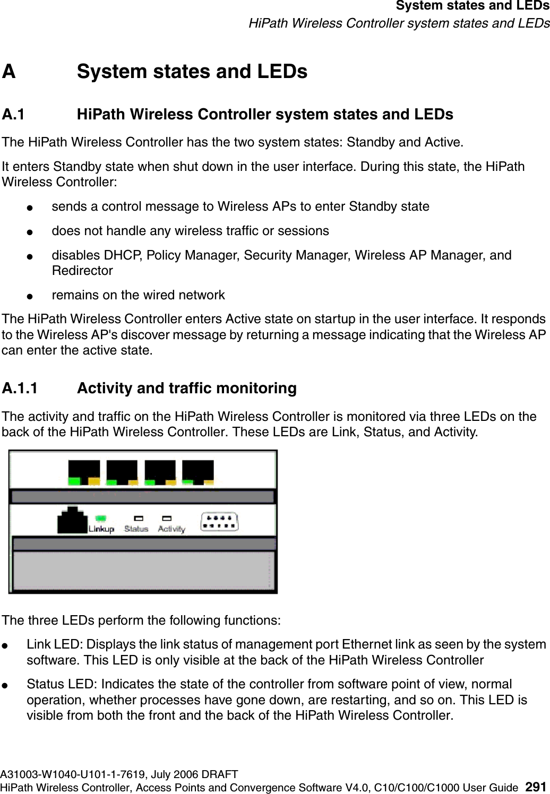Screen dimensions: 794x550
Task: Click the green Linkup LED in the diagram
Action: [100, 517]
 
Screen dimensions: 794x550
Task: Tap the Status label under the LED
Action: [136, 529]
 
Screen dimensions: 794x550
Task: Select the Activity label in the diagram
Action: [171, 529]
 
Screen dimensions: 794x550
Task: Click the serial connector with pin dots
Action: [219, 522]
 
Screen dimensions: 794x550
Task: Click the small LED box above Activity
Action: [167, 517]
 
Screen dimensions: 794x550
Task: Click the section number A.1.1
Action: [20, 389]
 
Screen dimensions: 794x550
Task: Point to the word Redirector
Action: [82, 271]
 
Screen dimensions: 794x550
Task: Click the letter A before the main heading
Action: [9, 72]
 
